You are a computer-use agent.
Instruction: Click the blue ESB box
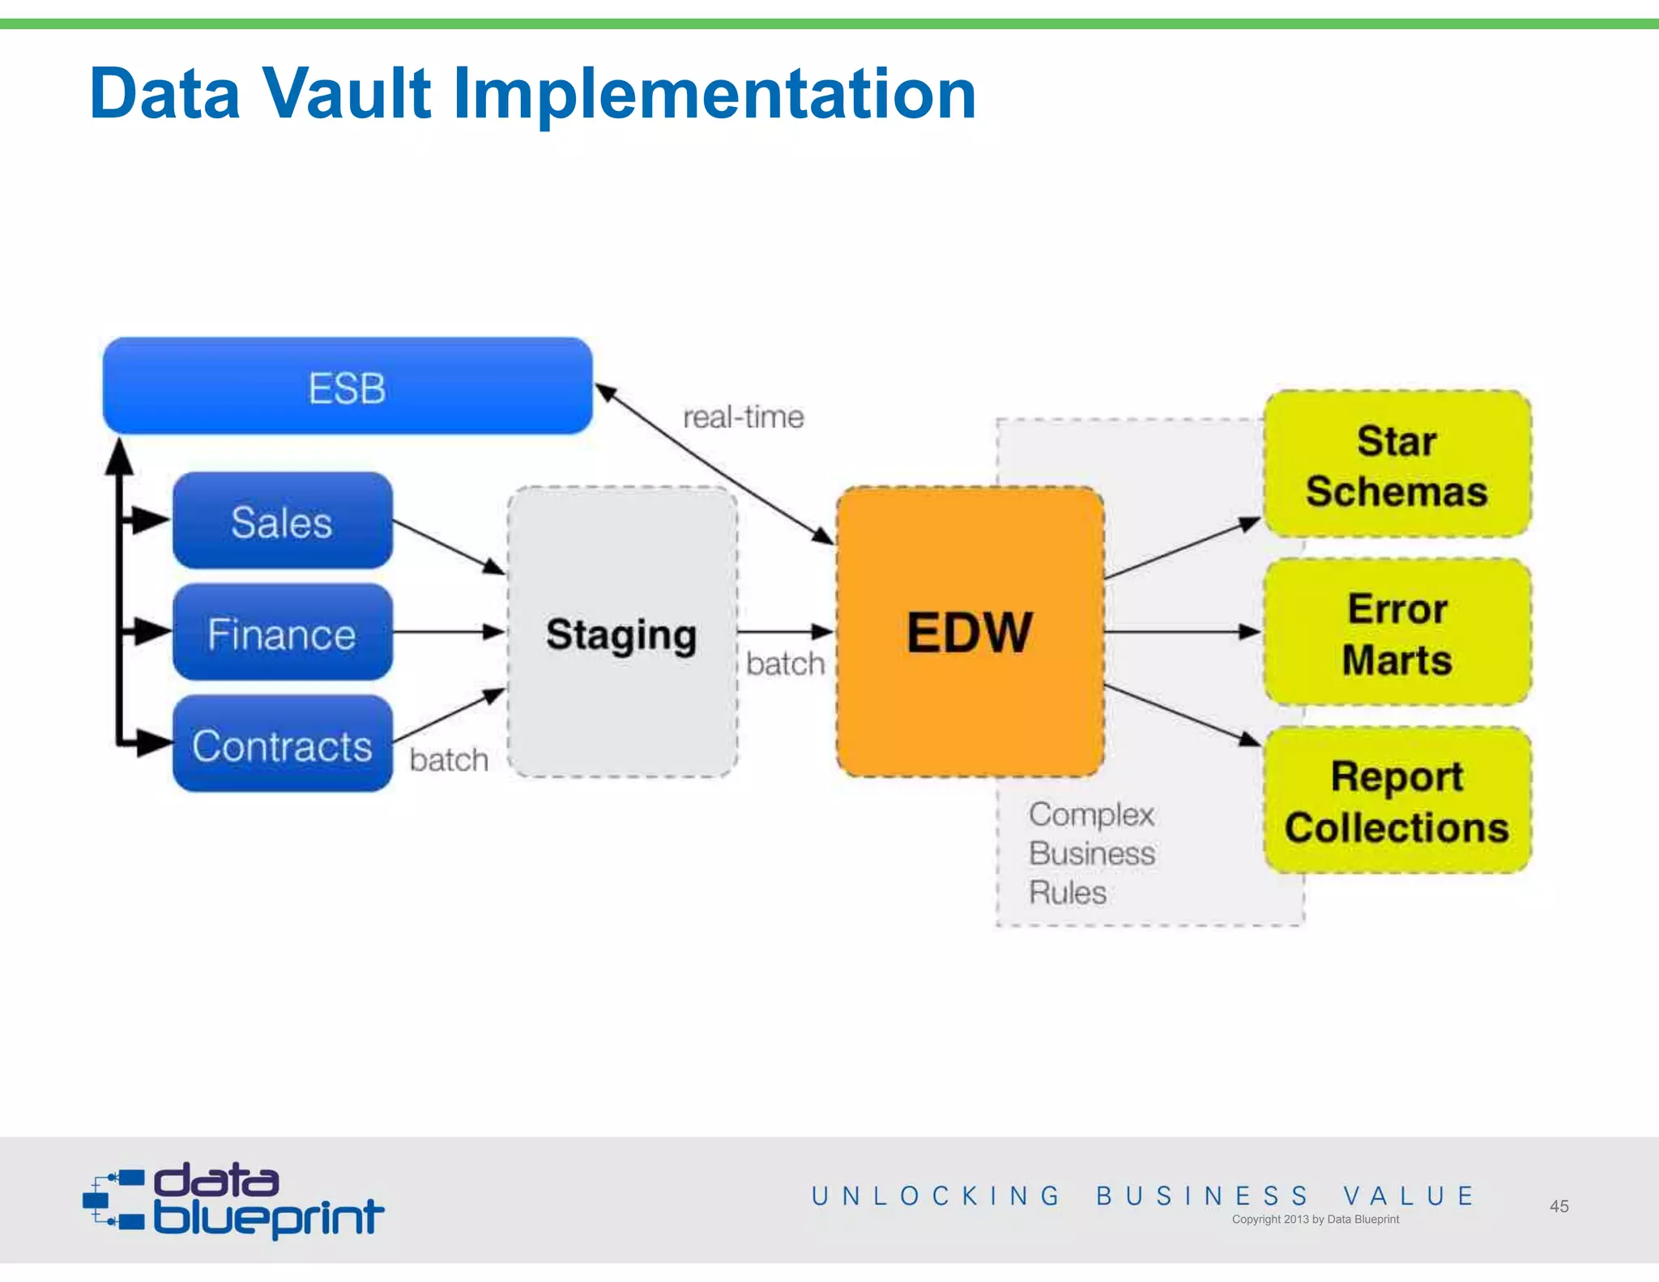(348, 387)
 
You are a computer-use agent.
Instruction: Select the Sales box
(282, 521)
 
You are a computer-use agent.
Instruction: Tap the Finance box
(282, 633)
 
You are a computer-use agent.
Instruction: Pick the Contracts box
(282, 745)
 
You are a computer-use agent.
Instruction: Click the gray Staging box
(621, 633)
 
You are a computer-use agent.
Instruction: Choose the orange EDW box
(970, 632)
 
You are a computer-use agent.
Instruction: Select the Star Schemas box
(1397, 465)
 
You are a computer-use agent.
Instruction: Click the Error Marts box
(1397, 633)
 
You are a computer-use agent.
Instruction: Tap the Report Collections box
(1397, 801)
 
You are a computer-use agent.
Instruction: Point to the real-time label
(743, 417)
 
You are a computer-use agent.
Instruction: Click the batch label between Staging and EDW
(785, 664)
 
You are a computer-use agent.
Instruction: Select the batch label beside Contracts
(449, 760)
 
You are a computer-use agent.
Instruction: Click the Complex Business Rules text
(1091, 853)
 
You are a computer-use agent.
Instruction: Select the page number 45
(1559, 1206)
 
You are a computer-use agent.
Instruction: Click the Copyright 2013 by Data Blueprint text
(1315, 1219)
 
